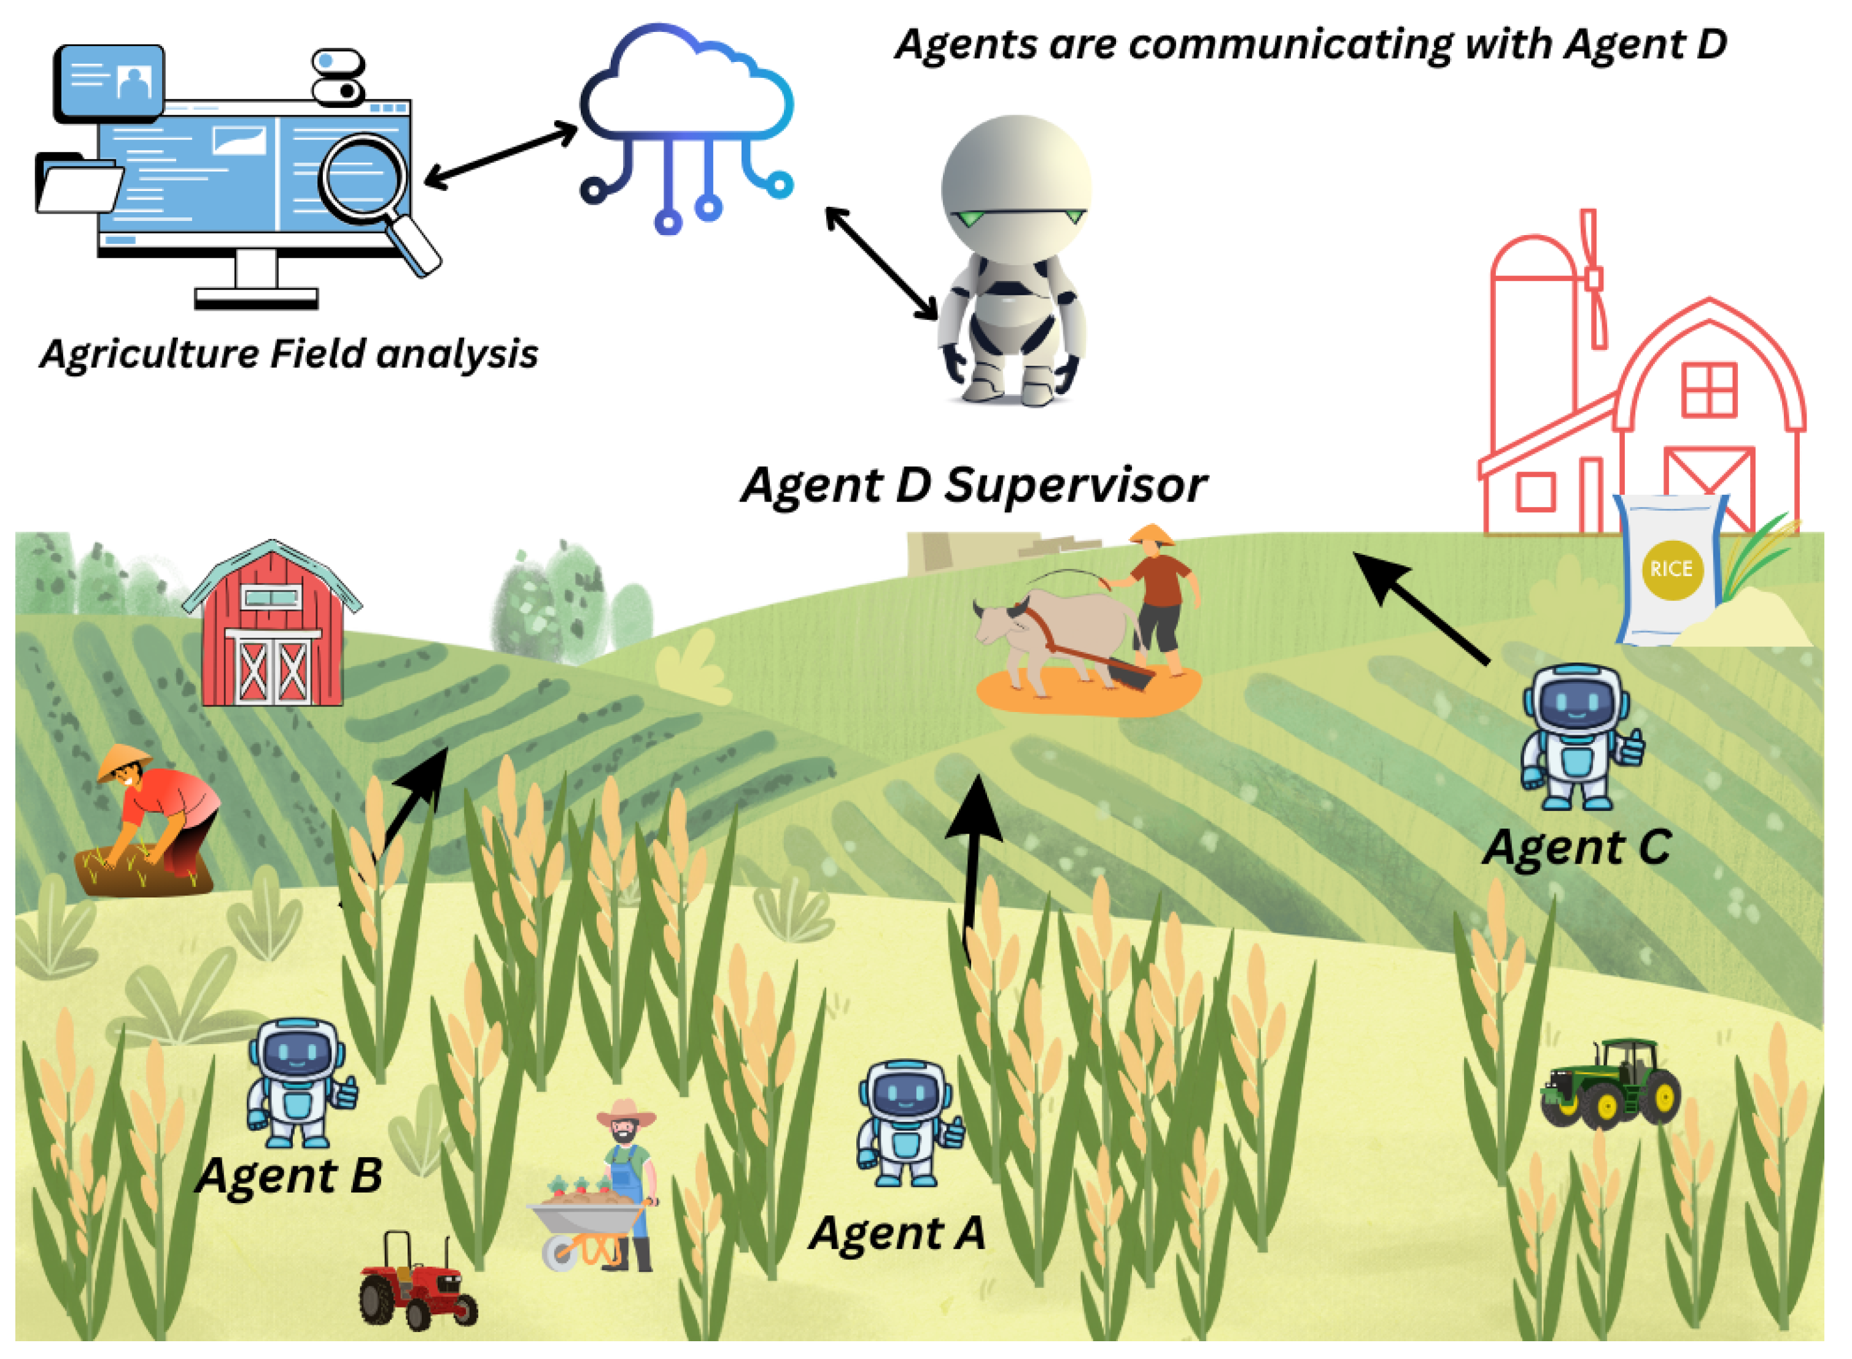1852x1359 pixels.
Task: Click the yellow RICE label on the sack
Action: pyautogui.click(x=1670, y=569)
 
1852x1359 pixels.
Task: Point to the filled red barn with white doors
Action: pyautogui.click(x=271, y=629)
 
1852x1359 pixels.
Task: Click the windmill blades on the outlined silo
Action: pyautogui.click(x=1594, y=280)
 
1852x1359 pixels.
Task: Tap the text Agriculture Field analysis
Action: pyautogui.click(x=288, y=354)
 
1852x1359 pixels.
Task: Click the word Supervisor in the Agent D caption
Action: pyautogui.click(x=1074, y=486)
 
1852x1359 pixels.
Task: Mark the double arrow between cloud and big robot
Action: pyautogui.click(x=880, y=263)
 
